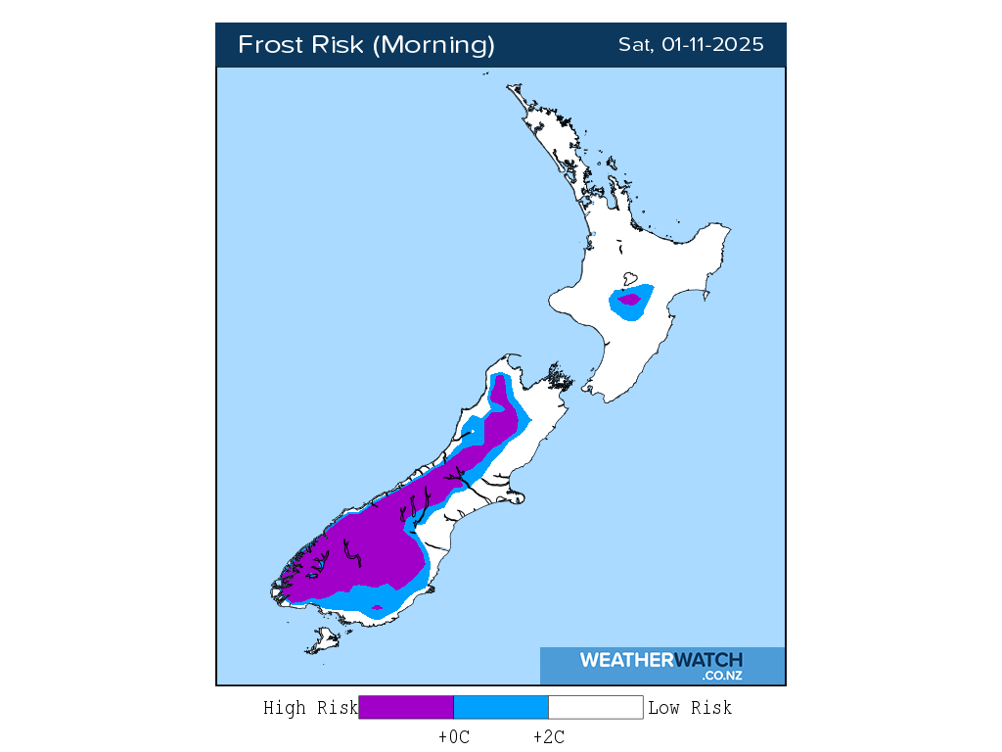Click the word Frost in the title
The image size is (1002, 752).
269,45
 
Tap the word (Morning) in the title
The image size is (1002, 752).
435,45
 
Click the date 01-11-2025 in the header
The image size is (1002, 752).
712,45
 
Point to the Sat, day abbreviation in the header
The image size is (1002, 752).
636,45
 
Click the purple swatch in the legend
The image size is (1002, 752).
406,707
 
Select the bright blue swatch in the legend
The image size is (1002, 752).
501,707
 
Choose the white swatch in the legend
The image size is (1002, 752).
595,707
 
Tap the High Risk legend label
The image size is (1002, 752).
310,708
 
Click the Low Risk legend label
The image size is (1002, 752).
690,708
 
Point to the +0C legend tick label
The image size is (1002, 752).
454,737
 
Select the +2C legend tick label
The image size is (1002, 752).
548,737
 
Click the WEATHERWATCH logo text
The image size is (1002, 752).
660,660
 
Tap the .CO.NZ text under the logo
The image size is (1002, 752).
721,676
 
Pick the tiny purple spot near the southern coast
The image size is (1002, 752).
378,608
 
